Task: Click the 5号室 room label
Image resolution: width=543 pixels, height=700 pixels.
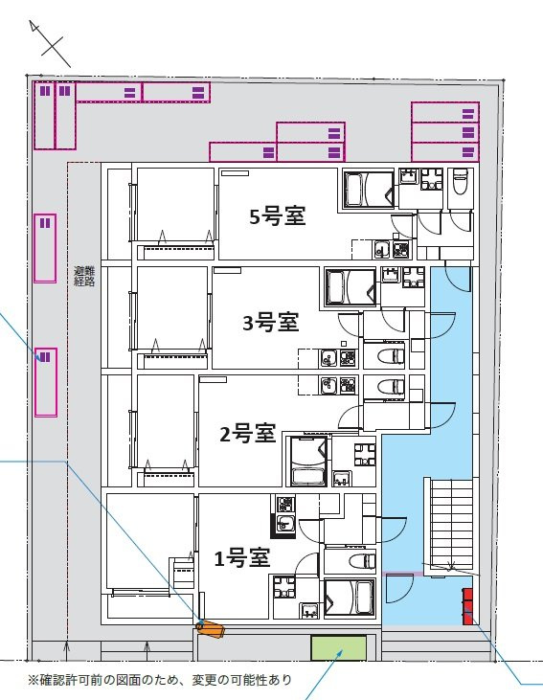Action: click(277, 216)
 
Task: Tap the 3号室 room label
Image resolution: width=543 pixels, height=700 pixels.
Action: click(270, 323)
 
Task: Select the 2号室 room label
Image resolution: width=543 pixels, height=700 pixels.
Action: click(247, 435)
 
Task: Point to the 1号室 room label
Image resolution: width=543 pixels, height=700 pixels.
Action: click(239, 556)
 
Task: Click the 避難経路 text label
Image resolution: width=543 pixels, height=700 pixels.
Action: click(84, 277)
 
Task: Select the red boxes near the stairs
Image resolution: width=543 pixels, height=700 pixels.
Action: click(468, 606)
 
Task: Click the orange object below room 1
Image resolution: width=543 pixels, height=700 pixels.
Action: click(210, 628)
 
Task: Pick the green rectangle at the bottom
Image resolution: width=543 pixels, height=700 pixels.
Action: click(339, 648)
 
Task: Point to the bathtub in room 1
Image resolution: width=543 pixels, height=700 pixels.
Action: click(349, 598)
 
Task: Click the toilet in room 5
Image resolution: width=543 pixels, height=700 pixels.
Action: click(459, 182)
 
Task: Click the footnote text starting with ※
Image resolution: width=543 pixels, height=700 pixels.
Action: click(159, 681)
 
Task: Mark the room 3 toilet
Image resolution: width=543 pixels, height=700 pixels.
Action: click(393, 356)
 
